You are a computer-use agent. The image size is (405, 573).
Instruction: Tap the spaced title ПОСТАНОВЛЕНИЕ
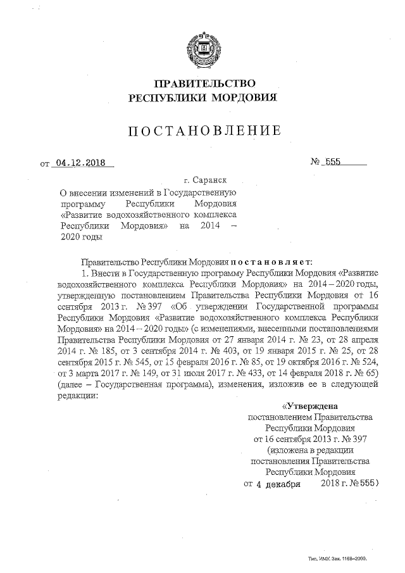point(203,132)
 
